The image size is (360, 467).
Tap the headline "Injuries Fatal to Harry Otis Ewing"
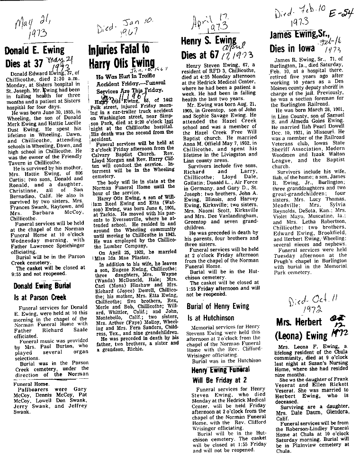click(121, 56)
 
